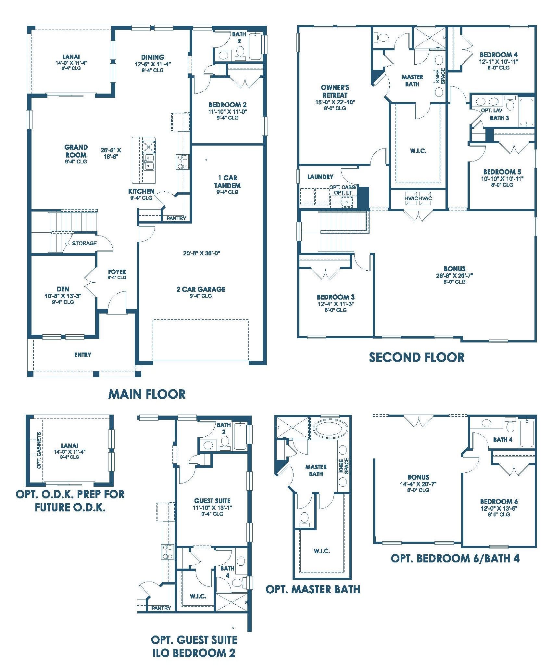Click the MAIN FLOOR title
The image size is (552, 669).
tap(147, 394)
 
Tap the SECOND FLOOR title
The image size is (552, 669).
tap(417, 357)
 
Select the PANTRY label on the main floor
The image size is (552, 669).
tap(176, 218)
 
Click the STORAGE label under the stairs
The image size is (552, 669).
tap(84, 243)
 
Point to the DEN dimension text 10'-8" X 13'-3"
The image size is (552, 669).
tap(63, 296)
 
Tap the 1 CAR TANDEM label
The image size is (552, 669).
tap(227, 182)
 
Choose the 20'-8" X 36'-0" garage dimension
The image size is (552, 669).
tap(202, 253)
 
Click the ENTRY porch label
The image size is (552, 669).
tap(83, 355)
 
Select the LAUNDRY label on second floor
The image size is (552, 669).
tap(320, 177)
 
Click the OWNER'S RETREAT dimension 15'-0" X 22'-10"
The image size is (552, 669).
tap(335, 102)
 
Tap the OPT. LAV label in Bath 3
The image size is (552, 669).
tap(492, 110)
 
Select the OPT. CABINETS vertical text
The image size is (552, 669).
tap(39, 450)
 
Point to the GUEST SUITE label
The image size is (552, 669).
tap(212, 501)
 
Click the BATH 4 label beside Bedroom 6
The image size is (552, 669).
tap(503, 440)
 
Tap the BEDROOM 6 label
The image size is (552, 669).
tap(499, 501)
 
